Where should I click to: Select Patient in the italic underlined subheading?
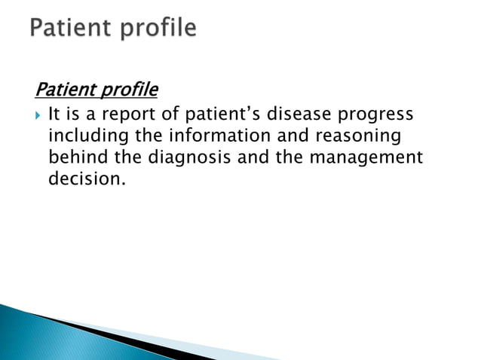point(63,90)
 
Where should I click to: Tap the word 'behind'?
point(74,158)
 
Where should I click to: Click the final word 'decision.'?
point(84,180)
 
